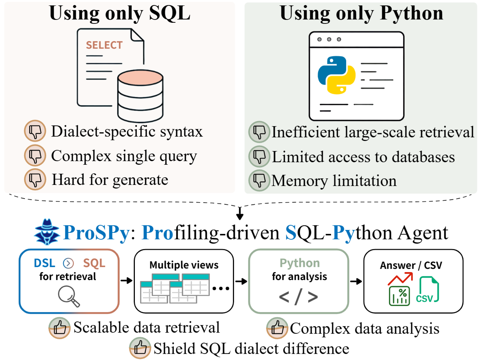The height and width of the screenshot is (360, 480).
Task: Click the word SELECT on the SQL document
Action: click(x=104, y=45)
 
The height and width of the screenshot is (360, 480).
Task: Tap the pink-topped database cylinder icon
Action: click(x=140, y=96)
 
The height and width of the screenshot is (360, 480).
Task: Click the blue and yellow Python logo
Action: click(x=336, y=75)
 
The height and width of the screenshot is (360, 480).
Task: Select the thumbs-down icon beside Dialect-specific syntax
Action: click(x=35, y=131)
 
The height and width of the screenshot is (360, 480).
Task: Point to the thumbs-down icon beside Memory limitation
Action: click(x=259, y=181)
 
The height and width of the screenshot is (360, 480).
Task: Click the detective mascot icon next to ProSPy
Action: click(x=47, y=232)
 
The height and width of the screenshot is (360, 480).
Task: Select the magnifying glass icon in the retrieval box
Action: click(x=69, y=297)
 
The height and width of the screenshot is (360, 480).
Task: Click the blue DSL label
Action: click(x=45, y=263)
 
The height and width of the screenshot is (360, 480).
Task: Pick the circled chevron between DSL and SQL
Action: click(x=68, y=263)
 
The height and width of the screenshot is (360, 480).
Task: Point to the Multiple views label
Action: click(x=184, y=265)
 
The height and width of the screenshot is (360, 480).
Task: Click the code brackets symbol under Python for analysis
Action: click(x=298, y=297)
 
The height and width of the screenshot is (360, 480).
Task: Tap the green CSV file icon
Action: click(x=427, y=289)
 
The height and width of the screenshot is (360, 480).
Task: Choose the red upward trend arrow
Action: click(x=400, y=279)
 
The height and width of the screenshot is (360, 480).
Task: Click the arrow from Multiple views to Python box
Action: click(x=241, y=281)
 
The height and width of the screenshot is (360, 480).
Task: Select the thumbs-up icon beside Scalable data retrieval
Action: click(x=60, y=328)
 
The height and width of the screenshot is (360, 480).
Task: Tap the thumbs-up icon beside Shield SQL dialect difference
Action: click(x=140, y=348)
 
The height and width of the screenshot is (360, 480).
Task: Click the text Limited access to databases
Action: click(x=363, y=157)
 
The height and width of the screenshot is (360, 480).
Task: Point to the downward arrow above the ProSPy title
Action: click(x=240, y=213)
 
